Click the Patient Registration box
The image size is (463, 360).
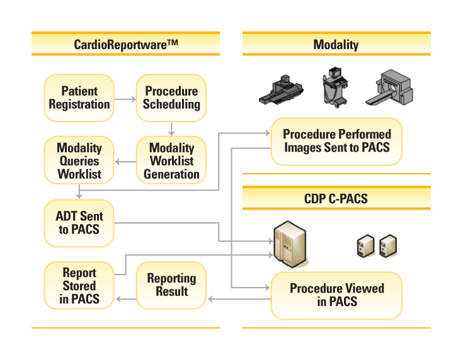[79, 98]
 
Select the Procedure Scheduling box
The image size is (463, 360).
[171, 98]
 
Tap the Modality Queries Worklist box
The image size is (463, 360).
[79, 160]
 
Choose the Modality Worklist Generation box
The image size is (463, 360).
[171, 160]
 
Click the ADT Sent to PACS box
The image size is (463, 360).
[79, 223]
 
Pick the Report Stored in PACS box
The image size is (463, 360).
[79, 285]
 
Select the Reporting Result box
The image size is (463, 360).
[171, 285]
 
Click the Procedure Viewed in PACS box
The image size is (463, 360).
[336, 295]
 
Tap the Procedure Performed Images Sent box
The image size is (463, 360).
[336, 142]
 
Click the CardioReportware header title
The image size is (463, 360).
[126, 45]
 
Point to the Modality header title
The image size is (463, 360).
[336, 45]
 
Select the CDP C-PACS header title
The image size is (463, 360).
[336, 199]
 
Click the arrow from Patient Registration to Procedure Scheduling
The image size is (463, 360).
[125, 99]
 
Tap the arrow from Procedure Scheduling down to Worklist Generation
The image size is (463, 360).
[171, 129]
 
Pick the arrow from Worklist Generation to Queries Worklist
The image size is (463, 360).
[125, 162]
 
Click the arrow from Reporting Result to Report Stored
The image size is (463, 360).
[126, 299]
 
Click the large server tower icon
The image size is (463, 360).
[290, 244]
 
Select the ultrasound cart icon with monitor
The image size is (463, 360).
[335, 87]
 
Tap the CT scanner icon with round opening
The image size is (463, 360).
[389, 87]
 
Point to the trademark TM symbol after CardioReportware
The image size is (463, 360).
[173, 43]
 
